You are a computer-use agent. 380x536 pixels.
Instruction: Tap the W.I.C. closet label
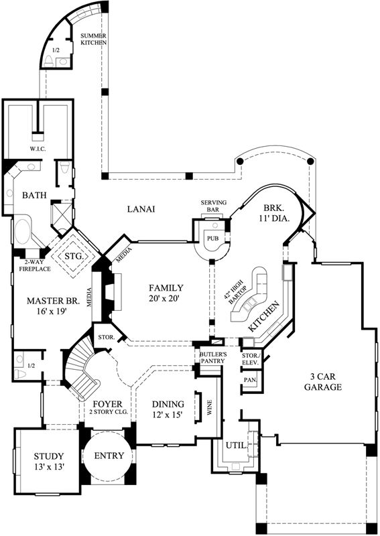point(37,148)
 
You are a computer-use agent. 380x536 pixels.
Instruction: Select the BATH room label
point(34,196)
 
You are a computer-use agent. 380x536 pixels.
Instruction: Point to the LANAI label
point(141,209)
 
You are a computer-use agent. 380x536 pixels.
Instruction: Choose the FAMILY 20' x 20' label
point(166,292)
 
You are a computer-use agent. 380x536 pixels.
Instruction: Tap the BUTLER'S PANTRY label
point(211,356)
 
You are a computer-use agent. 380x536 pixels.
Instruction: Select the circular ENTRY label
point(107,456)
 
